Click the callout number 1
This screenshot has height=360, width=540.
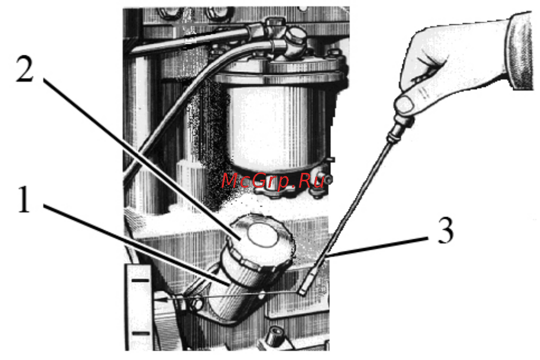point(24,199)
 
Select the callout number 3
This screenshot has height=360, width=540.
point(446,230)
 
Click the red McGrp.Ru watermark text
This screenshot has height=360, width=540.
point(273,181)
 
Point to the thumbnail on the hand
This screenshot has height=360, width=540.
point(405,104)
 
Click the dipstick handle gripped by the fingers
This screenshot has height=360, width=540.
point(399,128)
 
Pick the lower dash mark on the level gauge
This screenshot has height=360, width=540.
point(141,333)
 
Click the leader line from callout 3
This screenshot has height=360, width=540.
point(377,247)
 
